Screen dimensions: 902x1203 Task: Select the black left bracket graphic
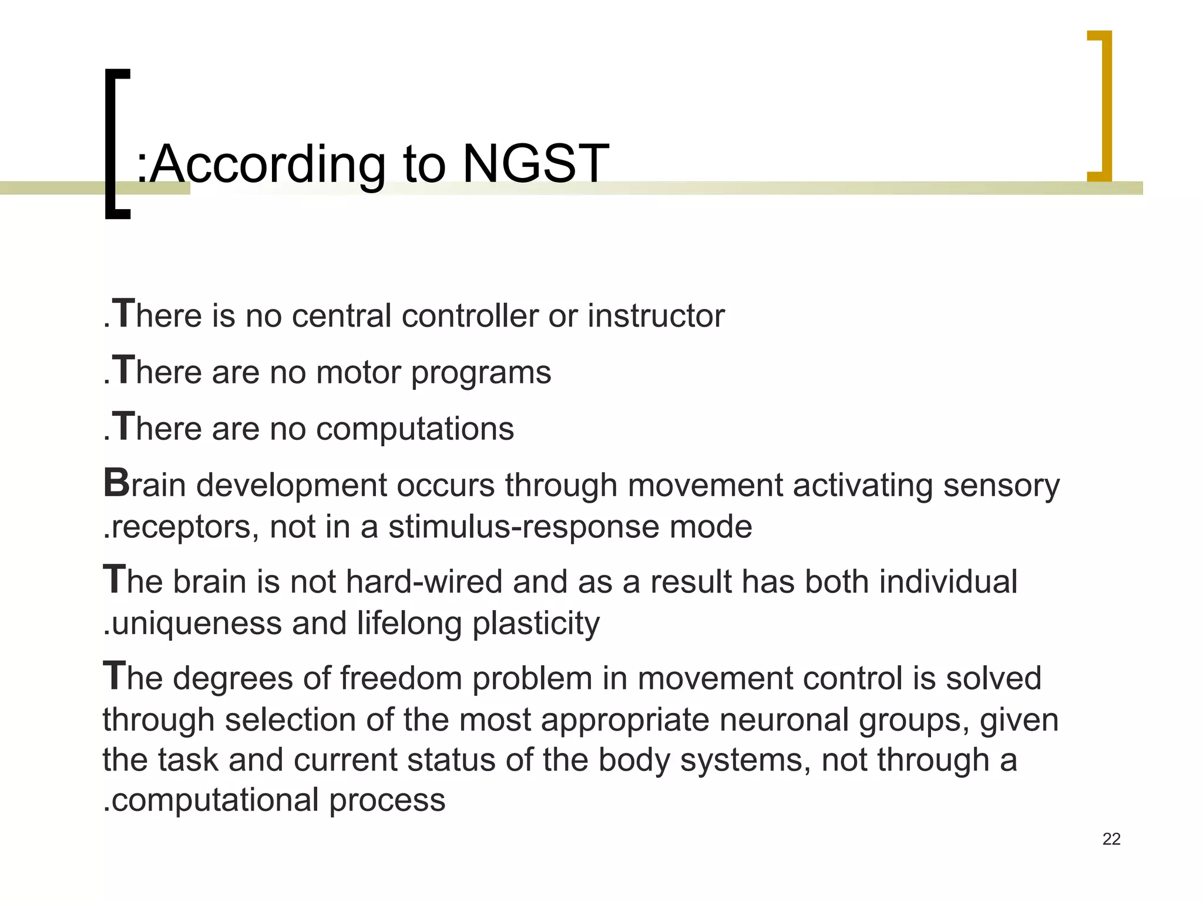tap(116, 143)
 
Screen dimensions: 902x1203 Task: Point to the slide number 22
tap(1111, 839)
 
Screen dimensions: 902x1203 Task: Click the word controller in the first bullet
tap(470, 316)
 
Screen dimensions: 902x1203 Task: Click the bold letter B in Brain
tap(116, 483)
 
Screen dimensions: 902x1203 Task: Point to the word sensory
tap(1001, 486)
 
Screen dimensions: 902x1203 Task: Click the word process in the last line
tap(387, 800)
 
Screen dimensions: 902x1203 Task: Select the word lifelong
tap(409, 623)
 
